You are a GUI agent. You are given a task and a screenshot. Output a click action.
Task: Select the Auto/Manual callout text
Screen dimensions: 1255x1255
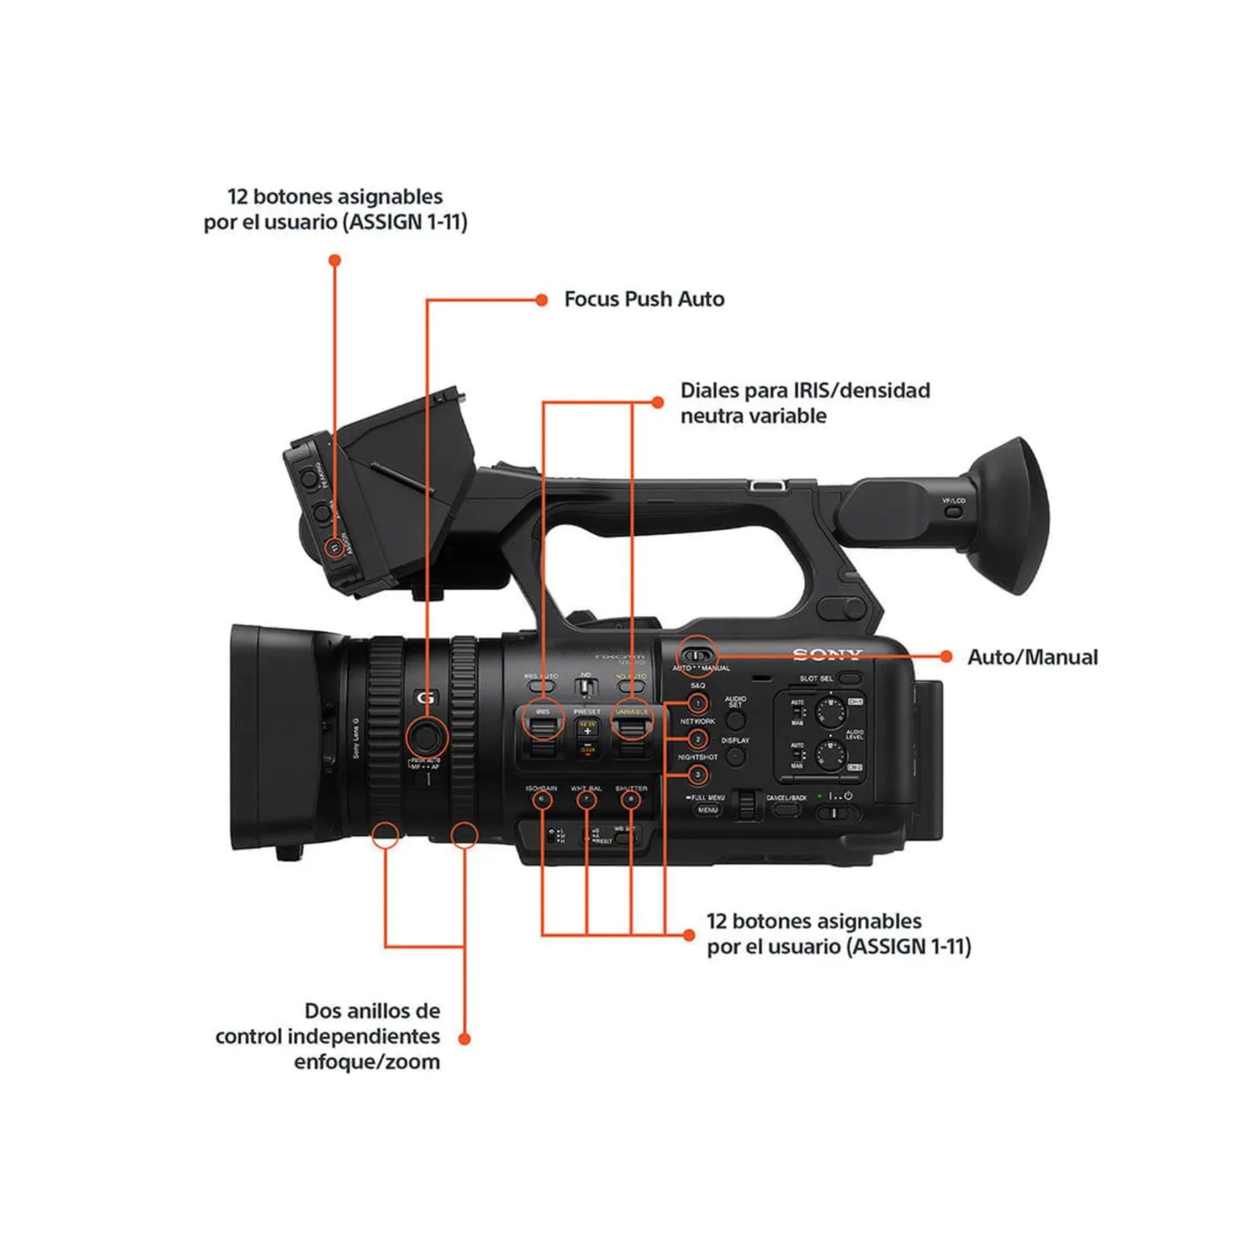[1032, 657]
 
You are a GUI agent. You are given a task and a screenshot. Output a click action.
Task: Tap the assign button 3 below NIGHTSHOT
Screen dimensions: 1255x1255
[698, 774]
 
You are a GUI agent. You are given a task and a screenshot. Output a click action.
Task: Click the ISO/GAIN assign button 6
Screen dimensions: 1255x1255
[542, 799]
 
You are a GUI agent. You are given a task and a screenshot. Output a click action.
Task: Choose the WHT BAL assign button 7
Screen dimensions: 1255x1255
[586, 799]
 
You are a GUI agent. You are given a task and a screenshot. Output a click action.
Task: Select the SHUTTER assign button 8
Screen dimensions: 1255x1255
[630, 799]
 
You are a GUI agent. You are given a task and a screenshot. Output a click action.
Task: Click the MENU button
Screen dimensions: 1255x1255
[707, 810]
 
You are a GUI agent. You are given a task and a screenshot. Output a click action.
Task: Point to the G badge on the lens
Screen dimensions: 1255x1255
[426, 698]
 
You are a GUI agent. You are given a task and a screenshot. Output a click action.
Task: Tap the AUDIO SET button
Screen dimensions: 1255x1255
[735, 720]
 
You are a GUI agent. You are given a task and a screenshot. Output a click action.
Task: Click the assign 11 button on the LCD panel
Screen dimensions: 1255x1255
[334, 548]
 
